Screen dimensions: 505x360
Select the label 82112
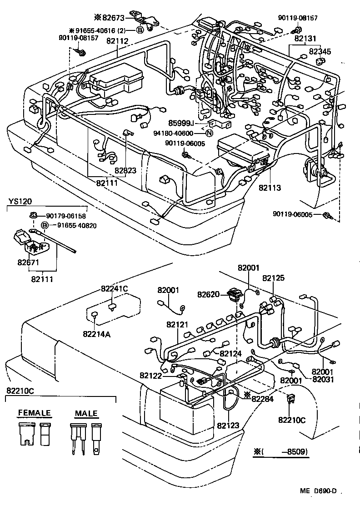[117, 41]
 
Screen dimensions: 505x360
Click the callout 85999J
[181, 123]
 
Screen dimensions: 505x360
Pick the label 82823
[125, 171]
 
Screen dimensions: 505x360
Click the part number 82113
[270, 187]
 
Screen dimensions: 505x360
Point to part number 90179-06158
[65, 216]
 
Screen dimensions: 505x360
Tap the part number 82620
[209, 294]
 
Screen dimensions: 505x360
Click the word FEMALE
[35, 413]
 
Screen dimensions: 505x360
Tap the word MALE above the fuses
[86, 413]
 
